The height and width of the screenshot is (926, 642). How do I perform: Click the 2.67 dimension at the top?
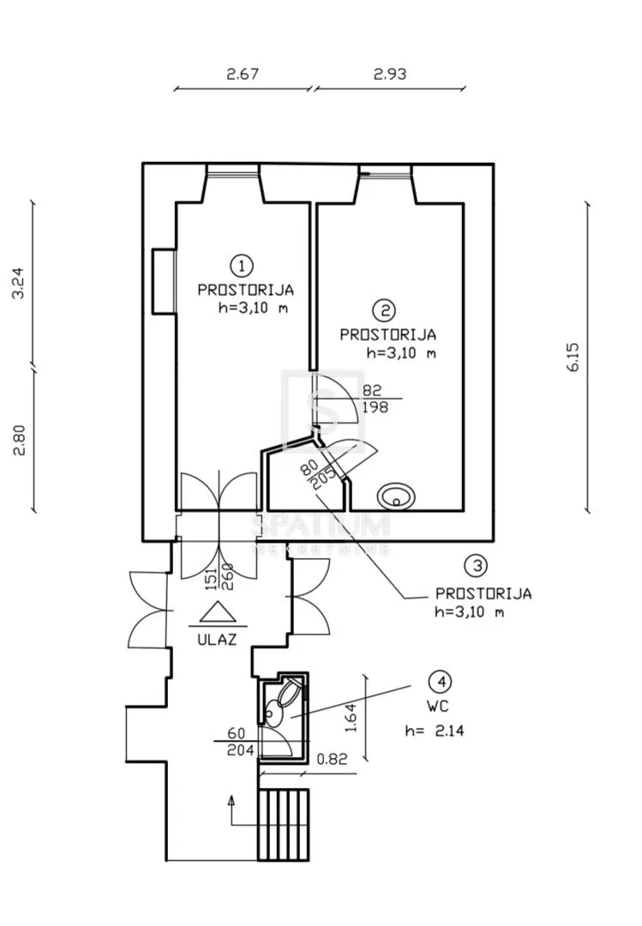click(x=243, y=74)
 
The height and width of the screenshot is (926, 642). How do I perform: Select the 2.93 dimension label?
click(x=390, y=74)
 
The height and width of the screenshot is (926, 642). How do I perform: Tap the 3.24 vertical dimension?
click(x=19, y=284)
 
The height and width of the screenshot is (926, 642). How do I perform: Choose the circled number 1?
click(x=243, y=266)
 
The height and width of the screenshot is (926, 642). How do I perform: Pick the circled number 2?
click(x=385, y=310)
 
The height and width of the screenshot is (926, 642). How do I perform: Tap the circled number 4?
click(x=441, y=682)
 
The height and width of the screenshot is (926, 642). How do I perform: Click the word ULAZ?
click(x=218, y=639)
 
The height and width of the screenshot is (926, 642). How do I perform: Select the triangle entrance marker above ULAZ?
click(x=218, y=612)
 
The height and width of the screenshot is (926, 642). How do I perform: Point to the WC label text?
click(x=437, y=706)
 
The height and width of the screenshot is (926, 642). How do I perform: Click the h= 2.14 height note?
click(x=435, y=731)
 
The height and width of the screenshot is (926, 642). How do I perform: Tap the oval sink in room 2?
click(x=396, y=496)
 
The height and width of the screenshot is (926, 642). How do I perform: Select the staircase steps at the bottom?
click(x=283, y=825)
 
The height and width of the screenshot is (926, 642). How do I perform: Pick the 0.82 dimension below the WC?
click(x=333, y=759)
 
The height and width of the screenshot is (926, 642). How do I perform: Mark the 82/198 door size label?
click(x=374, y=399)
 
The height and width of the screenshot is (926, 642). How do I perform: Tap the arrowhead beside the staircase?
click(x=231, y=801)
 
